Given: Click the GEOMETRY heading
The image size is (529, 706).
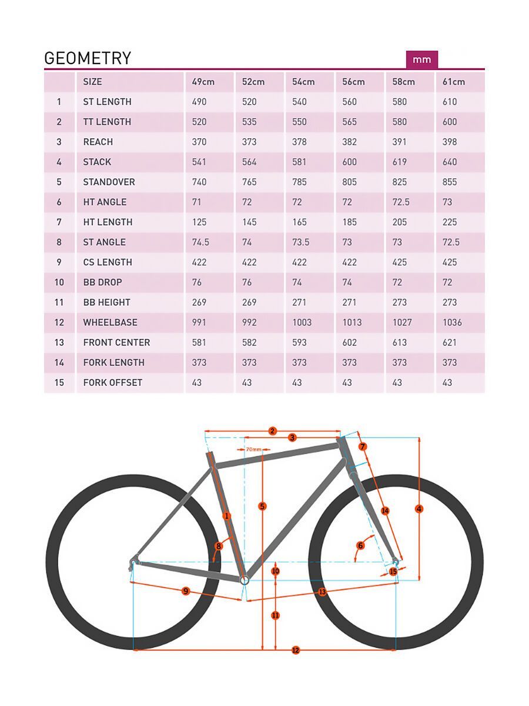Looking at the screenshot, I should point(88,58).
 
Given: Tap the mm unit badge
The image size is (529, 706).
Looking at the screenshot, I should point(421,59).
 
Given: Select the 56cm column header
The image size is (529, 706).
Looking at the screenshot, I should point(353,82).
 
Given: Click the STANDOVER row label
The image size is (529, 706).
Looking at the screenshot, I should point(109,182).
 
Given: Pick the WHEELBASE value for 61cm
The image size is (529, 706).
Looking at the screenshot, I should point(452,322).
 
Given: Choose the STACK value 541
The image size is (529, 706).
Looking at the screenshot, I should point(199,162).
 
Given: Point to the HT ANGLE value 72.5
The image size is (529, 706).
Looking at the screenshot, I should point(401,202).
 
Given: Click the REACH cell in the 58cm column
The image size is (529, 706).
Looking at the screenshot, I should point(399,142).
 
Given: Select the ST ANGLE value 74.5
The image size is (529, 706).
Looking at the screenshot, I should point(200,242).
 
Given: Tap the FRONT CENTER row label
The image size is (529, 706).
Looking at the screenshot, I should point(116,342).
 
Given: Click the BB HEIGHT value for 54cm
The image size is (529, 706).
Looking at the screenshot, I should point(299,302).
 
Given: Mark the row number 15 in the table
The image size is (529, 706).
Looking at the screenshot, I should point(59,382).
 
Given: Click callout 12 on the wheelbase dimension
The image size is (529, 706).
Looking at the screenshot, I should point(296,650).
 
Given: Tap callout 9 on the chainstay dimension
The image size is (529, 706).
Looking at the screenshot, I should point(186,591).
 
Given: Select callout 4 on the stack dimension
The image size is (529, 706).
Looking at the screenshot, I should point(419,509).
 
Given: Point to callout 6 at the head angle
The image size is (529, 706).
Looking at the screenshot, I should point(360,545).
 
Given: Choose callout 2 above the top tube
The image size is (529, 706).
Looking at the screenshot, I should point(272,431).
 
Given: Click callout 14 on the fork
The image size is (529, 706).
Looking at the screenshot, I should point(385,511).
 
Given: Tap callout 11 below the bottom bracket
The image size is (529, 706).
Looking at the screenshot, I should point(276,615).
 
